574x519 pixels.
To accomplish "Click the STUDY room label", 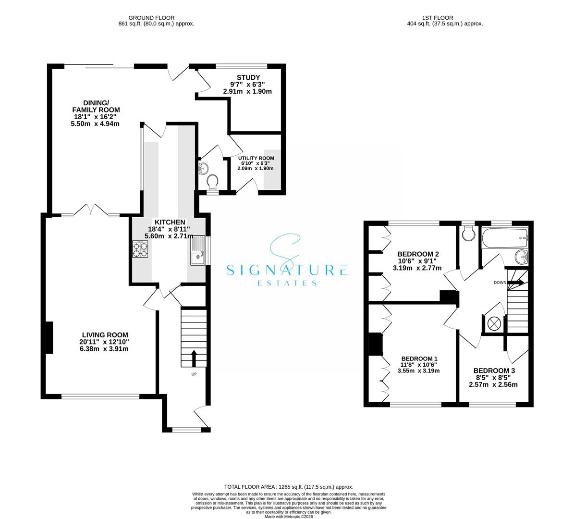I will click(x=248, y=77).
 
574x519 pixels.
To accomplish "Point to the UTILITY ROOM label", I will click(x=256, y=158).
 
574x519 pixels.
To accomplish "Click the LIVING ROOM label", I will click(x=105, y=335).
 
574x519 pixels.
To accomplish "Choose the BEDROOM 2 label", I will click(x=417, y=254).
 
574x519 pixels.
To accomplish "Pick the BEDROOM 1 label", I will click(x=419, y=358).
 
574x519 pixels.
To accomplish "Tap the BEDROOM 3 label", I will click(x=494, y=371).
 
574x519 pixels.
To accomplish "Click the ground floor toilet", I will click(x=212, y=182).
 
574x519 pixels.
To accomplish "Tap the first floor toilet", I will click(x=467, y=234).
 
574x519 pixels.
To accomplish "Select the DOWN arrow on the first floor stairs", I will click(x=516, y=283).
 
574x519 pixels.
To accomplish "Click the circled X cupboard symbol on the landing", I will click(x=493, y=324).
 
